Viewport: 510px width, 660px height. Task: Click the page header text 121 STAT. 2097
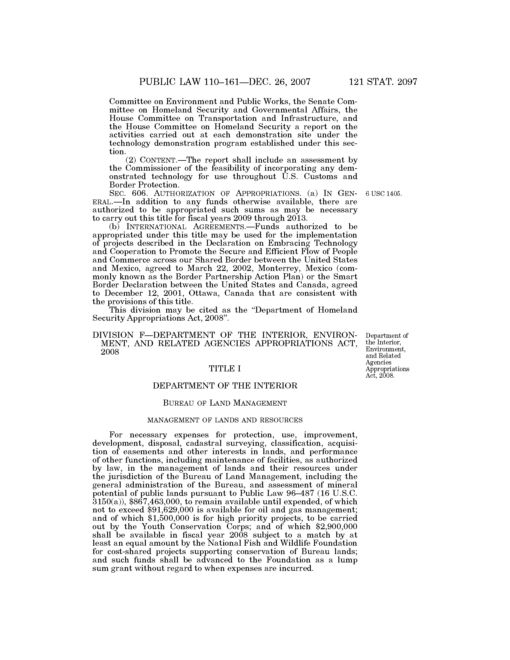coord(383,82)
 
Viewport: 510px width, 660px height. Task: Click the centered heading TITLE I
coord(225,369)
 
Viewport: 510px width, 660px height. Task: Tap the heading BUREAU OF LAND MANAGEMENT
coord(225,403)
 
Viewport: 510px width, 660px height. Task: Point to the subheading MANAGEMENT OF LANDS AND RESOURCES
coord(225,420)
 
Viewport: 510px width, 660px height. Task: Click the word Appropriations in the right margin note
coord(387,369)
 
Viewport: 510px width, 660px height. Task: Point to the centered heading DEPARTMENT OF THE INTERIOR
coord(225,386)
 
